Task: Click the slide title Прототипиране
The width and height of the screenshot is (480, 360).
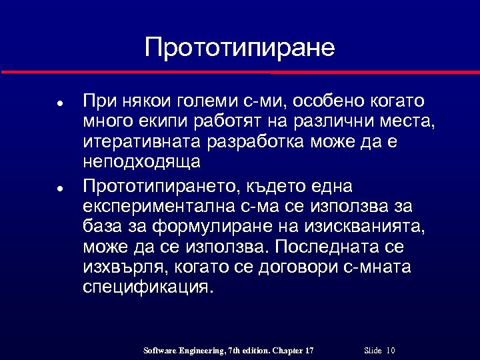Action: (239, 47)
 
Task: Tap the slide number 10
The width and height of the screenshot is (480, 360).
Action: (391, 351)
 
